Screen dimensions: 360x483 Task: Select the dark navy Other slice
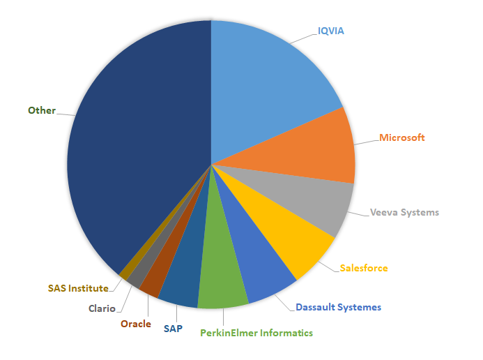(139, 153)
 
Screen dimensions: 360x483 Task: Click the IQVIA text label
(331, 31)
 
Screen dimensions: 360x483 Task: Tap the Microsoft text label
(402, 137)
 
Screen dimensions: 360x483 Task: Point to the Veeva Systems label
(404, 212)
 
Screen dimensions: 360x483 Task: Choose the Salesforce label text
(364, 268)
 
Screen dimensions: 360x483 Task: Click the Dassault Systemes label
(338, 307)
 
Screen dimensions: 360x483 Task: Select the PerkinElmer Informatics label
(256, 333)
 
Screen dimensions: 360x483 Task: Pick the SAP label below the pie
(174, 328)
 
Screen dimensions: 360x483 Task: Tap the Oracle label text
(135, 324)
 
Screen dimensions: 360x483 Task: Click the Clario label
(102, 308)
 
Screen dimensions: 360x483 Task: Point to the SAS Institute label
(78, 287)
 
